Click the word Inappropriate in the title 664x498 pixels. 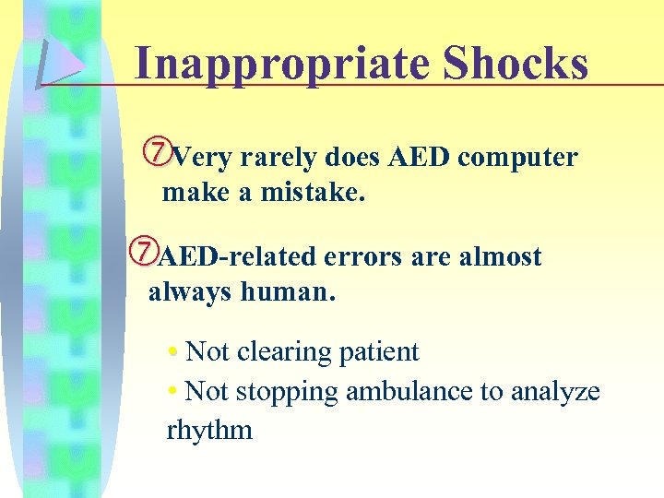(x=281, y=65)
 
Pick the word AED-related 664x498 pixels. (x=235, y=256)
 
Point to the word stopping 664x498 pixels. (x=287, y=392)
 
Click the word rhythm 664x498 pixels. (x=209, y=430)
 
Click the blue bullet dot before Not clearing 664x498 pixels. (x=173, y=353)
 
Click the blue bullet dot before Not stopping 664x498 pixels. (x=173, y=393)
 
